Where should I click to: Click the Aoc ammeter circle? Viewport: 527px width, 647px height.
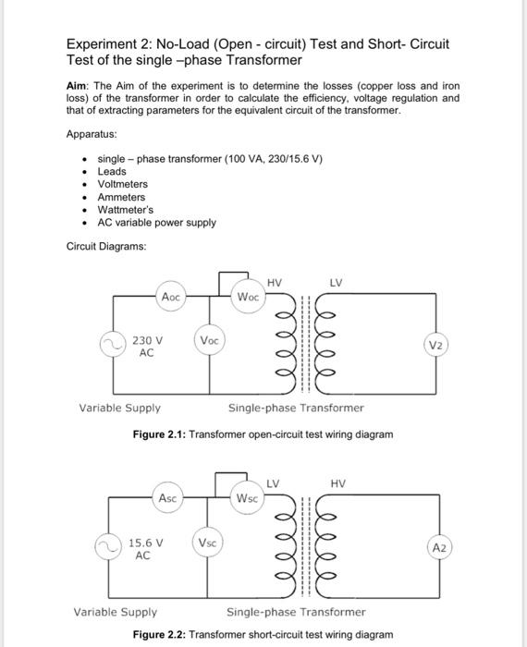point(171,297)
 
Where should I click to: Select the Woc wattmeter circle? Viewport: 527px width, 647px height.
point(248,297)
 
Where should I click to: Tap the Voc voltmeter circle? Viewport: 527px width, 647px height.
point(209,340)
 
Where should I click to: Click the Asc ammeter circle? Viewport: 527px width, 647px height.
point(167,498)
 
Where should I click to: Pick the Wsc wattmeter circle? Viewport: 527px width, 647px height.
point(247,498)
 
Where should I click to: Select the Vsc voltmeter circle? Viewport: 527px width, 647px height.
point(208,543)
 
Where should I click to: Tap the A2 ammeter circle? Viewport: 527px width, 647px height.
point(439,547)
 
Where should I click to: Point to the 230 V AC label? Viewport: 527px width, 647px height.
point(147,347)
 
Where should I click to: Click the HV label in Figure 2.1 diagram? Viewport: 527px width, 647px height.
point(275,282)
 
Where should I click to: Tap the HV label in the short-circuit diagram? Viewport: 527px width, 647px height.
point(338,483)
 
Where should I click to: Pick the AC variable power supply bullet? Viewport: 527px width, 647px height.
point(156,223)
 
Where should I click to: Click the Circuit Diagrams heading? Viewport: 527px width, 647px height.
point(105,246)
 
